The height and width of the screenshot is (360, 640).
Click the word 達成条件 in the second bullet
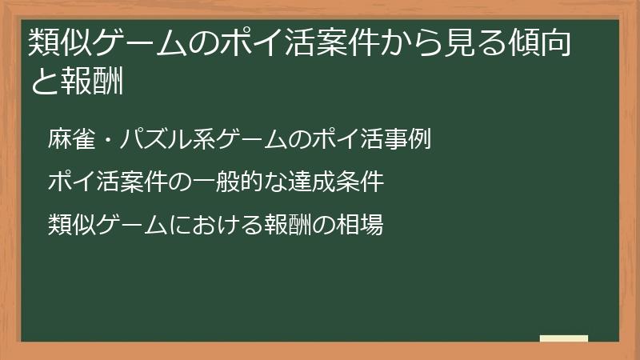(340, 182)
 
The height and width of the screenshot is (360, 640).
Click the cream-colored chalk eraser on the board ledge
(564, 339)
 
